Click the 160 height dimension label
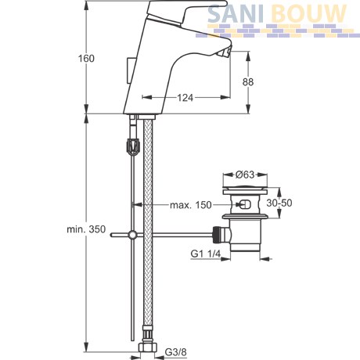[86, 59]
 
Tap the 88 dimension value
[247, 82]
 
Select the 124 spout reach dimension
[185, 98]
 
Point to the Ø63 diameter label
[245, 175]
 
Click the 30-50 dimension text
[279, 203]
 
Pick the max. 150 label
[191, 205]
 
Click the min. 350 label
[86, 229]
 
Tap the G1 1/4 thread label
[206, 254]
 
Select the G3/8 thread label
[175, 352]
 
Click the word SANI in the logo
[235, 13]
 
